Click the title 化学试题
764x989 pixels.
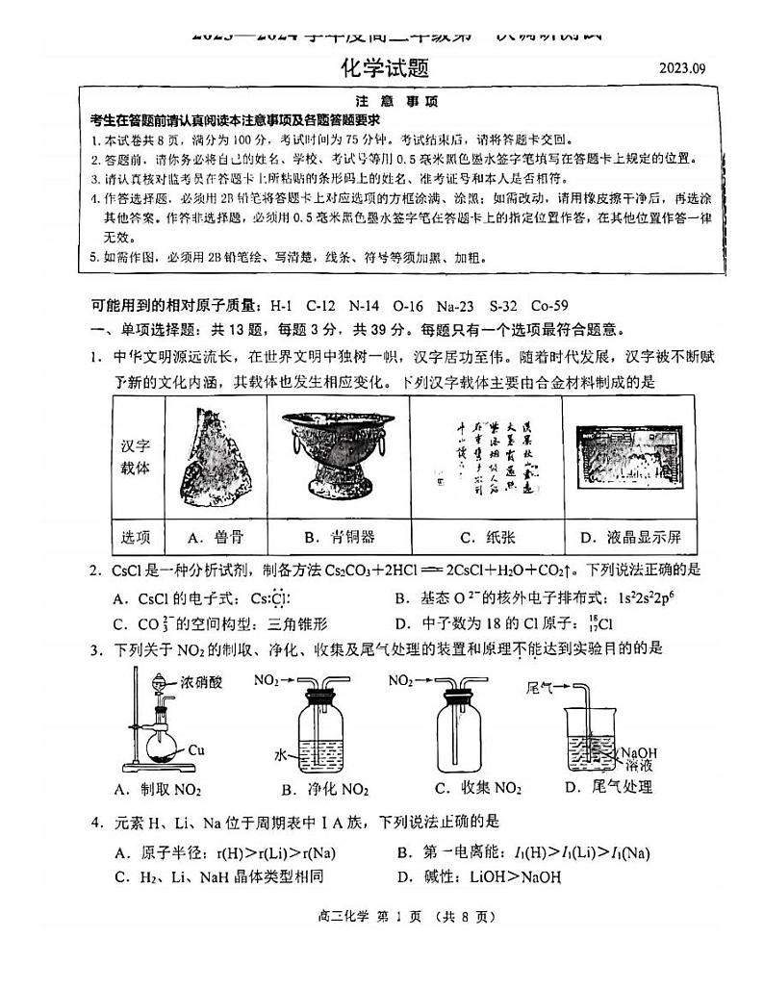coord(382,67)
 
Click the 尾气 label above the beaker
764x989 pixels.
coord(542,687)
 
